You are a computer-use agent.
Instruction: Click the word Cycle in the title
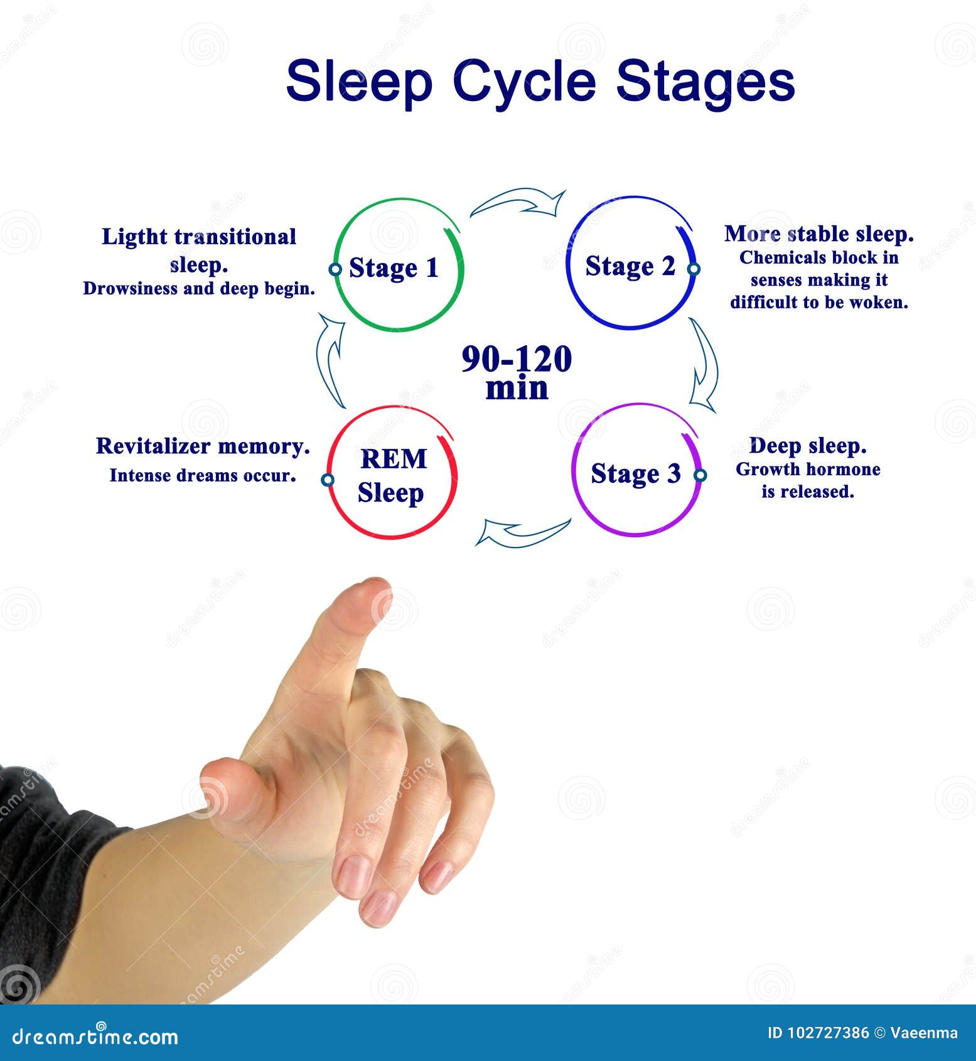coord(523,82)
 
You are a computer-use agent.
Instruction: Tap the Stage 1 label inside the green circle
coord(394,268)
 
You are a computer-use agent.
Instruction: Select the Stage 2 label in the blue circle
coord(630,266)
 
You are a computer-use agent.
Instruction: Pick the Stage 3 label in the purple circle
coord(635,473)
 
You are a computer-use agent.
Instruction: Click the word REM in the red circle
coord(394,459)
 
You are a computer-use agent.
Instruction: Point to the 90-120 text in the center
coord(517,359)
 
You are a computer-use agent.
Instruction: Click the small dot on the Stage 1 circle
coord(335,269)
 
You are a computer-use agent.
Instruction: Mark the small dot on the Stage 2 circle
coord(694,269)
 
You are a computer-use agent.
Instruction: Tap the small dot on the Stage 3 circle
coord(700,475)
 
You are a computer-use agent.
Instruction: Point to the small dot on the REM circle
coord(327,480)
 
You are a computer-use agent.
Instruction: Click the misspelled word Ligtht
coord(135,237)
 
